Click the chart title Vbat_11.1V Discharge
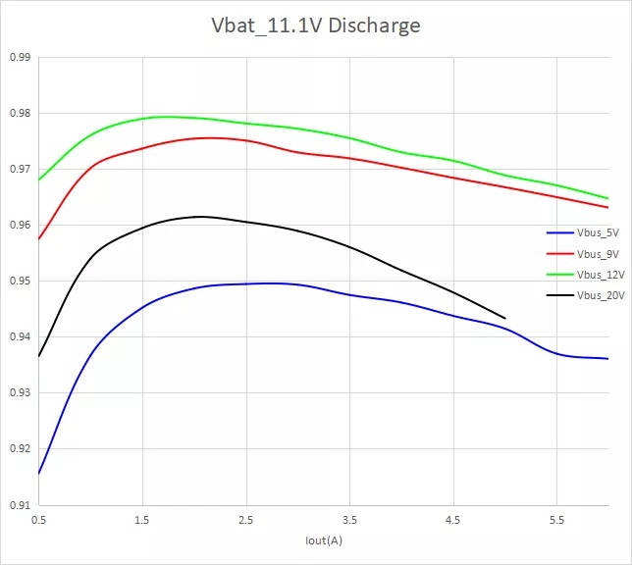coord(316,26)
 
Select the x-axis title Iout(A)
coord(323,540)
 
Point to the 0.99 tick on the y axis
coord(20,58)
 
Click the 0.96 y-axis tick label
coord(20,226)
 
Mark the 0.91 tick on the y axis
coord(20,505)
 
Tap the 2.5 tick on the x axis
coord(246,518)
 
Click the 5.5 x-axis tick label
coord(556,518)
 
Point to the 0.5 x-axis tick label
coord(39,518)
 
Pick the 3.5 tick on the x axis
coord(349,518)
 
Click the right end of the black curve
coord(504,318)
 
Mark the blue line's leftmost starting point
coord(39,474)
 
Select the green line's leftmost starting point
coord(39,180)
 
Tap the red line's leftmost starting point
coord(39,239)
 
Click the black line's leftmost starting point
coord(39,356)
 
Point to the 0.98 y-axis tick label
coord(20,114)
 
